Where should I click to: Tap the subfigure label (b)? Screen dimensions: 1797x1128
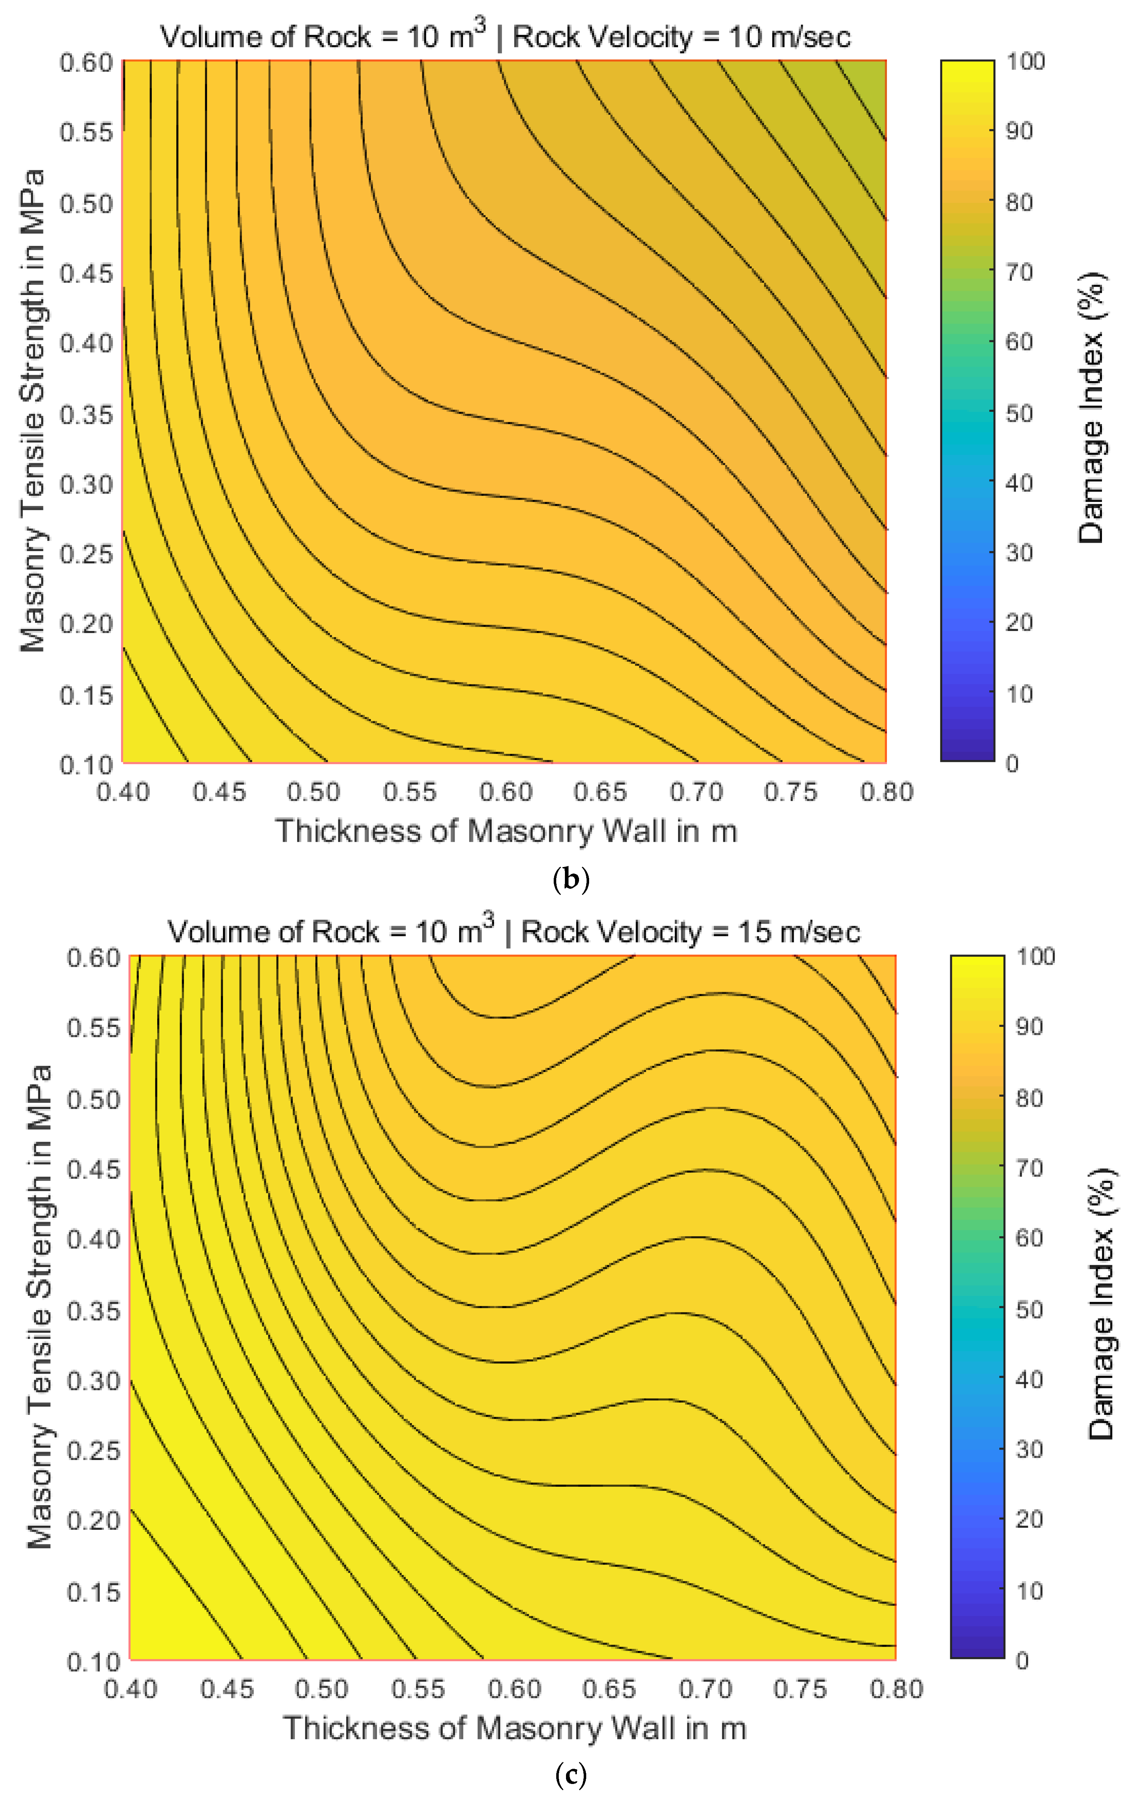coord(571,879)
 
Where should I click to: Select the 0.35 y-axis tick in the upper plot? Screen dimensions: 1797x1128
coord(86,414)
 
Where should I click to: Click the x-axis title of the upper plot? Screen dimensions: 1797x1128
coord(506,831)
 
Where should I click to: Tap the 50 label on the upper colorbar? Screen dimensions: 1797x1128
coord(1019,413)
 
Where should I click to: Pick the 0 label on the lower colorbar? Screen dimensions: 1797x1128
coord(1022,1660)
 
